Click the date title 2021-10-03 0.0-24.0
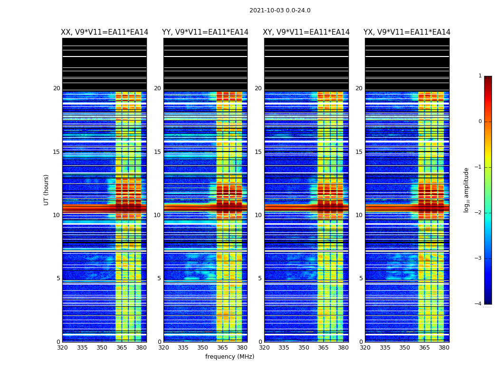(x=280, y=10)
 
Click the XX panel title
(x=105, y=32)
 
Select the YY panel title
(x=205, y=32)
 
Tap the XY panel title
(x=306, y=32)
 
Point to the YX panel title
(x=407, y=32)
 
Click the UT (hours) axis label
(x=47, y=190)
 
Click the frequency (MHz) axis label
(x=230, y=357)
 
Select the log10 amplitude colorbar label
(x=467, y=190)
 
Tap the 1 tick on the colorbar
(x=480, y=76)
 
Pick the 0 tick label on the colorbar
(x=480, y=122)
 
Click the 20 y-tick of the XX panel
(x=57, y=88)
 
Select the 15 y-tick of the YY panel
(x=157, y=152)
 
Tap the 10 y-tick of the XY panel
(x=258, y=215)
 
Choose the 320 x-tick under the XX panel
(x=62, y=348)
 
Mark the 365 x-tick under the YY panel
(x=222, y=348)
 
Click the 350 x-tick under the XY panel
(x=304, y=348)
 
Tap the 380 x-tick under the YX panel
(x=444, y=348)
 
